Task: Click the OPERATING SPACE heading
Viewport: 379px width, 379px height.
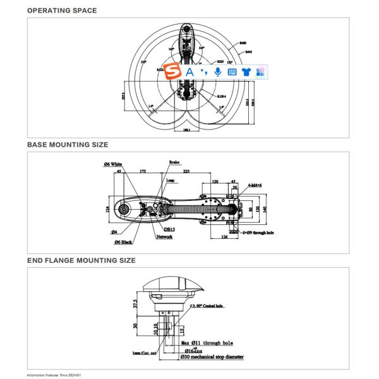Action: click(62, 10)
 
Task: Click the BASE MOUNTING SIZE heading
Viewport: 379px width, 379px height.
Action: click(68, 145)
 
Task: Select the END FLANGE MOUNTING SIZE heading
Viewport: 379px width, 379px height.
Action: click(81, 260)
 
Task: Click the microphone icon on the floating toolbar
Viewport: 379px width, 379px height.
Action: click(218, 72)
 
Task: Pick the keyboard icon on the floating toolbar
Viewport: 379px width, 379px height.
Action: click(232, 72)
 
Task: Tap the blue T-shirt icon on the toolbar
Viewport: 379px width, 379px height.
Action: click(246, 72)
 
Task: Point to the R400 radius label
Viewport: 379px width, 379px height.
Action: click(243, 43)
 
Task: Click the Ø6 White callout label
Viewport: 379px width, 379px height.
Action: click(112, 164)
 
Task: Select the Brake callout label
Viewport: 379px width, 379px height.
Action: click(174, 162)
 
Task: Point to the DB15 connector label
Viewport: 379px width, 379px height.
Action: click(170, 229)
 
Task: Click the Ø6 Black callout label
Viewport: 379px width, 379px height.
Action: click(124, 243)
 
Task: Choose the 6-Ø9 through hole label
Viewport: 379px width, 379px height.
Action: click(257, 233)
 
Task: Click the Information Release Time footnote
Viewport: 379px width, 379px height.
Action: click(54, 375)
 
